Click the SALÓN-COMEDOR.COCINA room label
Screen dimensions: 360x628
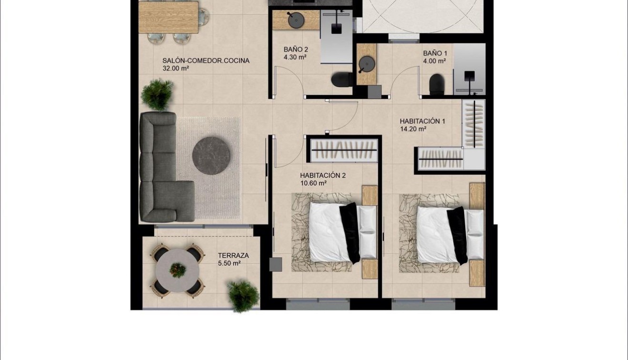(x=206, y=60)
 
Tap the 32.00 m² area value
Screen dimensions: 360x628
(x=176, y=68)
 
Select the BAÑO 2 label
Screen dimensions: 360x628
(x=296, y=50)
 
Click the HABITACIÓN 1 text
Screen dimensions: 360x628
(x=422, y=121)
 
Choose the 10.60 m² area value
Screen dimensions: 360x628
(x=313, y=183)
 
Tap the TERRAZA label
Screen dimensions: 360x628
(x=233, y=256)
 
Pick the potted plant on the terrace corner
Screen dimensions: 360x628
(x=242, y=295)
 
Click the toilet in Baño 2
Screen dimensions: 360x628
(x=341, y=80)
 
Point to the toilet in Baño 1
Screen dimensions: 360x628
(x=437, y=85)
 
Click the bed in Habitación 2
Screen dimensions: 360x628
(x=333, y=232)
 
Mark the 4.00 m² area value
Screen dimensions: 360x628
(x=434, y=61)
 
